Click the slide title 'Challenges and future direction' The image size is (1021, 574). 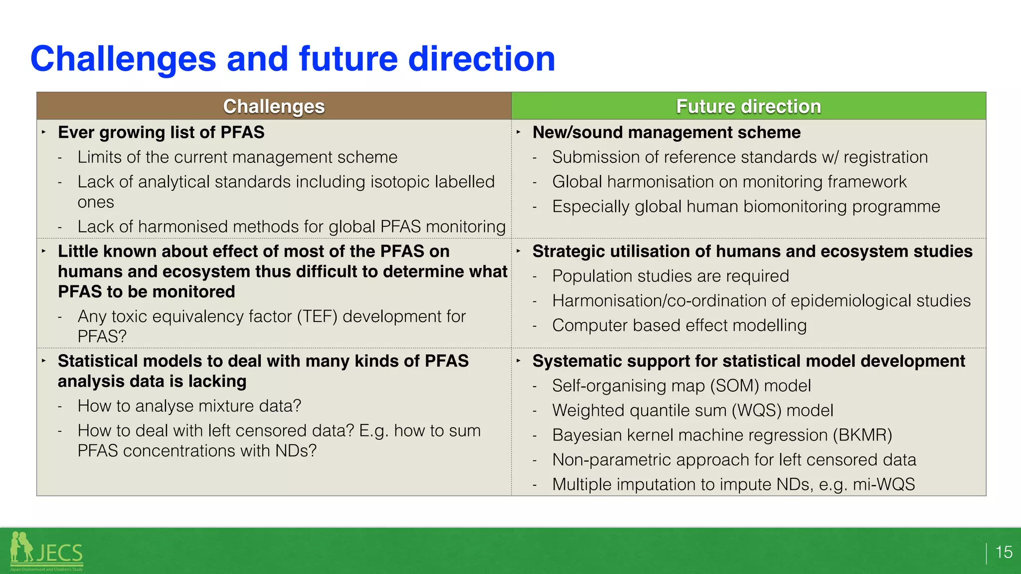(x=293, y=59)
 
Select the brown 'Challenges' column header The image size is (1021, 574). (x=274, y=106)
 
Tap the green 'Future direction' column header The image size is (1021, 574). (x=748, y=106)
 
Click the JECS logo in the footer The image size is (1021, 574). (x=47, y=552)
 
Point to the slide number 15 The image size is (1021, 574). (x=1004, y=552)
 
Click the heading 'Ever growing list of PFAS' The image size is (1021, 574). (x=161, y=133)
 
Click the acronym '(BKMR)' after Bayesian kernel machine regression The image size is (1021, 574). (x=862, y=435)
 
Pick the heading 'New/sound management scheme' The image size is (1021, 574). (x=666, y=133)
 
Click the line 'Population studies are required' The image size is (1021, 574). (x=671, y=276)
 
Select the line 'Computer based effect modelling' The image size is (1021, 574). (x=679, y=325)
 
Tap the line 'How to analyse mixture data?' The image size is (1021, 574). (x=189, y=406)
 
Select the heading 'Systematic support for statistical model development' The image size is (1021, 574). (x=748, y=361)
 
